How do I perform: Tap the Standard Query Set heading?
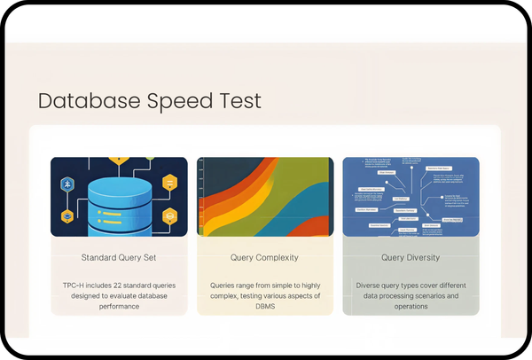pos(119,258)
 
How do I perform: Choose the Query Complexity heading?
pos(265,258)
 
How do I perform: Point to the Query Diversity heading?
pos(411,258)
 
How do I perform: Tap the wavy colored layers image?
pos(265,197)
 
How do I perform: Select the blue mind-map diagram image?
pos(411,197)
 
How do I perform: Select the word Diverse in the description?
pos(372,286)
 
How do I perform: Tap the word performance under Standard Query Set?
pos(119,306)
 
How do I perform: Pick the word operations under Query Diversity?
pos(411,306)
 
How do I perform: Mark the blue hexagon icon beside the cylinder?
pos(67,183)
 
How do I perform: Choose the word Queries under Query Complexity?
pos(226,286)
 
